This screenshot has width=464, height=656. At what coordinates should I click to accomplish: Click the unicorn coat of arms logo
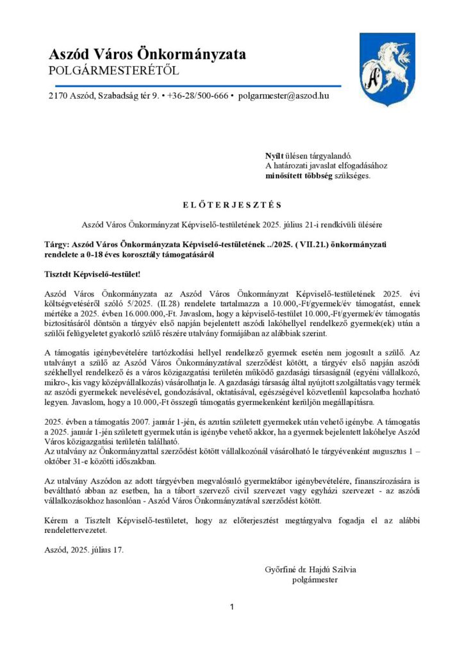[384, 70]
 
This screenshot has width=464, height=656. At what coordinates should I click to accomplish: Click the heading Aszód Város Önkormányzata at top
[147, 55]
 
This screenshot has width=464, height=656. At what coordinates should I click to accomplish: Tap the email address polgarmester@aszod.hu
[283, 96]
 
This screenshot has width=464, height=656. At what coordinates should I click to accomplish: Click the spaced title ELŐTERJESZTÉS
[231, 205]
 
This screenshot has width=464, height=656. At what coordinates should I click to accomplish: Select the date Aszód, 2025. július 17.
[84, 550]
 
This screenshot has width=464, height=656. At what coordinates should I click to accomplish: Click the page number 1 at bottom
[232, 607]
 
